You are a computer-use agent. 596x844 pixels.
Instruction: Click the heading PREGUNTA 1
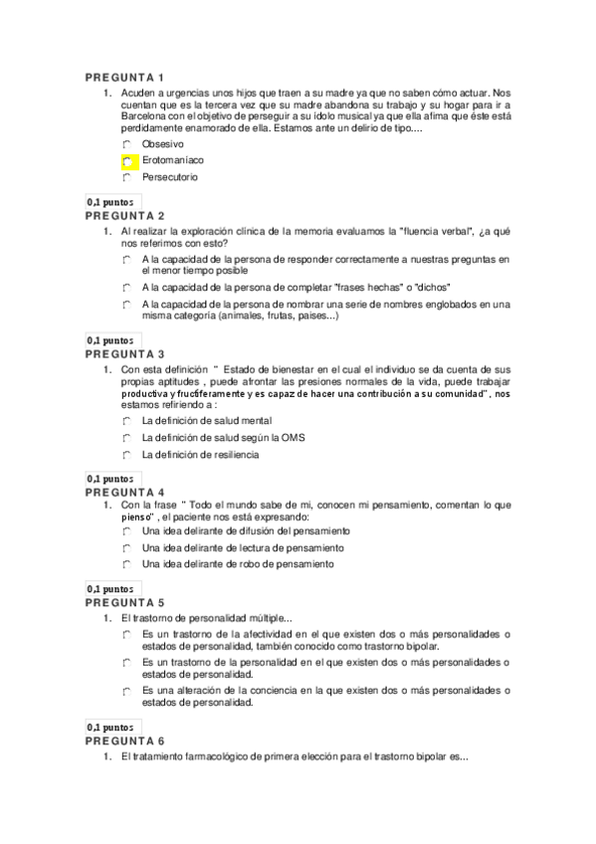click(x=124, y=78)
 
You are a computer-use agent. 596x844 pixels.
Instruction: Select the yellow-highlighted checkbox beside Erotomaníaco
click(x=128, y=160)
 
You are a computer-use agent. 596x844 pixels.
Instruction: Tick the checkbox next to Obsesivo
click(x=128, y=144)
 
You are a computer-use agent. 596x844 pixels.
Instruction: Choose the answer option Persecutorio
click(x=170, y=177)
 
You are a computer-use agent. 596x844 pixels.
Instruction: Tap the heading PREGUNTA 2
click(x=124, y=215)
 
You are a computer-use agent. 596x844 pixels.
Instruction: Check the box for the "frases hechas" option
click(x=128, y=287)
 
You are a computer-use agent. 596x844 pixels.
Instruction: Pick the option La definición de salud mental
click(x=207, y=421)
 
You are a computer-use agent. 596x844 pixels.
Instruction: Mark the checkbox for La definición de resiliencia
click(x=128, y=455)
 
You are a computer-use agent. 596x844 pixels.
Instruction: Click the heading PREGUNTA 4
click(x=124, y=492)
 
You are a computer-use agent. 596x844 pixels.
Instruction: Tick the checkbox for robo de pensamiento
click(x=128, y=564)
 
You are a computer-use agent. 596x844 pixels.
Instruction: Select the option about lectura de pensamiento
click(x=243, y=547)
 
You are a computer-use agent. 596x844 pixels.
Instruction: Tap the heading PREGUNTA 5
click(x=124, y=602)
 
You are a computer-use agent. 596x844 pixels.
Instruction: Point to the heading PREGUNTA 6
click(x=124, y=740)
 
